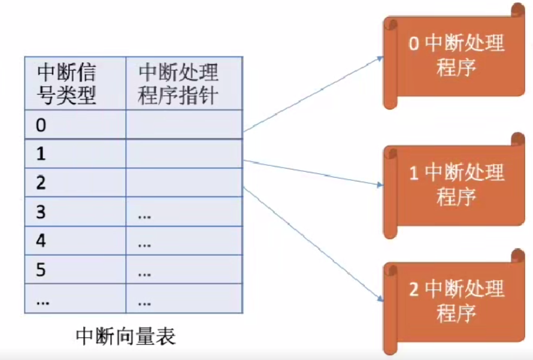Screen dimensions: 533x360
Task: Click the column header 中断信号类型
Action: (66, 84)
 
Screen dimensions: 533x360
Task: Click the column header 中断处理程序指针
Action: (178, 84)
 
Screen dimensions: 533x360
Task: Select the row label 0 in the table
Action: (41, 125)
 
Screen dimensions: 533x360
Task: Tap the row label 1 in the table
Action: (41, 154)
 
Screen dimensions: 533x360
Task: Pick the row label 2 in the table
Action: (41, 183)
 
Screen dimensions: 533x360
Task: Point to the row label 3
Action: (41, 212)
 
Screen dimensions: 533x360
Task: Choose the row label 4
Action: (41, 241)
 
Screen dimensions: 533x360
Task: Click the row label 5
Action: (41, 270)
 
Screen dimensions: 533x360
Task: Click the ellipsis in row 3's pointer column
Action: (144, 217)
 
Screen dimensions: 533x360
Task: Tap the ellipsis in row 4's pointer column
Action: (144, 246)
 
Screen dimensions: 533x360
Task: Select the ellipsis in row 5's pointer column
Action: (144, 274)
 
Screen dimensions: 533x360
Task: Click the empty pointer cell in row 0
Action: (184, 125)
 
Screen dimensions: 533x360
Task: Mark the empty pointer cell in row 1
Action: (184, 153)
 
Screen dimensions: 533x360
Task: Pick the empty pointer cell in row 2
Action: (184, 183)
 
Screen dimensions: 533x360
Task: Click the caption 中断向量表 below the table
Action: (126, 337)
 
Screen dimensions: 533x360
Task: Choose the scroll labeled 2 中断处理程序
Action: (454, 302)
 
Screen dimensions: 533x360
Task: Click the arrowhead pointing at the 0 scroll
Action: (380, 59)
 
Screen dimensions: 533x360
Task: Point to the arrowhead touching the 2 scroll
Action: (380, 298)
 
